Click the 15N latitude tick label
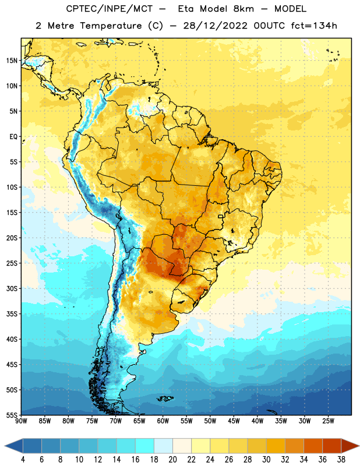click(12, 61)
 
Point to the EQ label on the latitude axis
click(13, 137)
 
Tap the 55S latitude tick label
click(12, 415)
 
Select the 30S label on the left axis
click(12, 288)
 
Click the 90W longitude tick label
click(21, 421)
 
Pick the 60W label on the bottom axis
click(163, 421)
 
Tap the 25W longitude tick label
click(328, 421)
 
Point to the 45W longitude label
click(234, 421)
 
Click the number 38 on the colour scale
click(341, 460)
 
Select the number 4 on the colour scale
click(23, 460)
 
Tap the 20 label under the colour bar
click(172, 460)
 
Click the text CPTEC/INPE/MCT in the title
click(110, 9)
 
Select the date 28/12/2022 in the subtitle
click(215, 26)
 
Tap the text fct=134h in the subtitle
click(314, 26)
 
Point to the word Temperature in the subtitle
click(111, 26)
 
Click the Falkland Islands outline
click(165, 398)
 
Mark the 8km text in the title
click(243, 9)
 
